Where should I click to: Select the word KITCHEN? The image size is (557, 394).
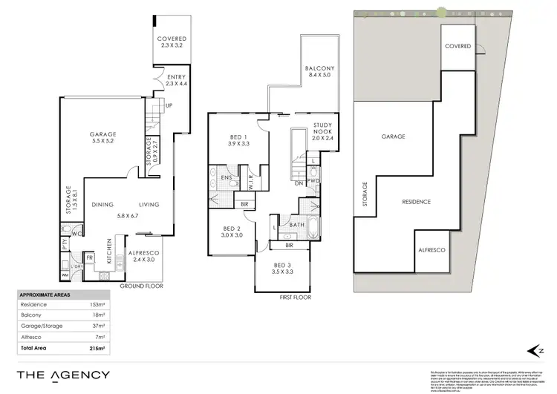pyautogui.click(x=110, y=252)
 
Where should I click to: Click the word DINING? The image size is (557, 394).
pyautogui.click(x=102, y=206)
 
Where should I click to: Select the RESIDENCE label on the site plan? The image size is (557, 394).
pyautogui.click(x=417, y=202)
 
